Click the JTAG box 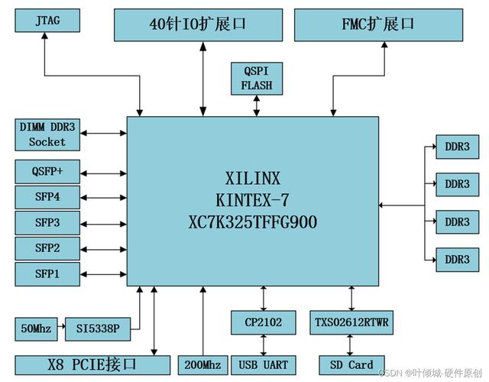pos(47,21)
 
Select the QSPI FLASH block pos(257,77)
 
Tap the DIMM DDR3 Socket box pos(47,134)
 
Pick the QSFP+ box pos(47,171)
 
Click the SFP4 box pos(47,196)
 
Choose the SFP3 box pos(47,222)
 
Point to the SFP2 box pos(47,248)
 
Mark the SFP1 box pos(47,273)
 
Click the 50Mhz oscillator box pos(35,329)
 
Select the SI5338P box pos(98,329)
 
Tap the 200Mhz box pos(202,364)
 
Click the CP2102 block pos(263,322)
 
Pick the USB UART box pos(263,364)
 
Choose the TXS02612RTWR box pos(351,322)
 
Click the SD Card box pos(351,364)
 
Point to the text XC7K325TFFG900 pos(253,222)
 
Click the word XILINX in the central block pos(253,179)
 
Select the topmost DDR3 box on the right pos(458,146)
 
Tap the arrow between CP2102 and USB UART pos(263,344)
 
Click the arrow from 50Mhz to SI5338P pos(60,329)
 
